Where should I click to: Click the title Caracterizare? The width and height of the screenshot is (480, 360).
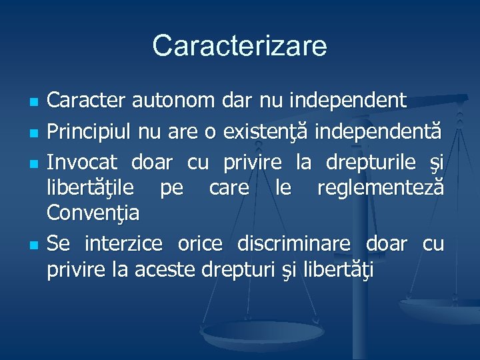(240, 47)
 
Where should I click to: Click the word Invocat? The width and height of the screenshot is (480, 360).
(82, 162)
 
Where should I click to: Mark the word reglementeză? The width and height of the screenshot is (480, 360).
(380, 188)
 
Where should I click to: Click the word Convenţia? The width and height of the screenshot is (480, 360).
(93, 213)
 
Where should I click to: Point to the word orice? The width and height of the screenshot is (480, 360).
(199, 243)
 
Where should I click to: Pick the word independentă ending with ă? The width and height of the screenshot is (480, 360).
(377, 132)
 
